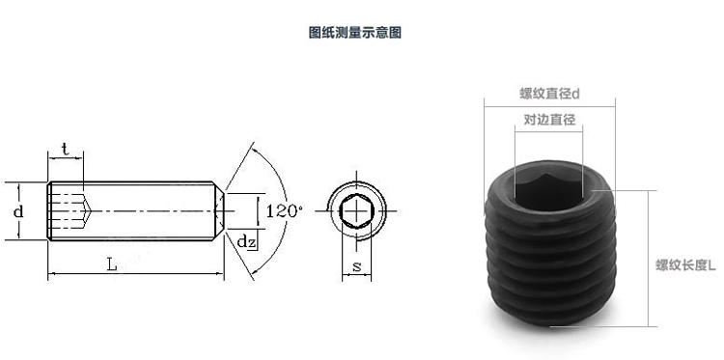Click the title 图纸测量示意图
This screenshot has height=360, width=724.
[x=354, y=32]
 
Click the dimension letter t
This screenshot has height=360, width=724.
[x=65, y=149]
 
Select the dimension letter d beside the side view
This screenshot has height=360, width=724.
[x=18, y=211]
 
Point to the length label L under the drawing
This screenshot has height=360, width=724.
[x=112, y=264]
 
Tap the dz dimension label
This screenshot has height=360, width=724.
[x=246, y=242]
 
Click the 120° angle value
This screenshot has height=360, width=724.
[x=284, y=211]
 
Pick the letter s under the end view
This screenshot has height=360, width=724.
[x=356, y=266]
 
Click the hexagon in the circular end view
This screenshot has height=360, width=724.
[x=356, y=211]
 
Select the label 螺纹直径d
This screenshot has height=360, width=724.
[x=549, y=94]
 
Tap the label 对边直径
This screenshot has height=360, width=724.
[x=549, y=120]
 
